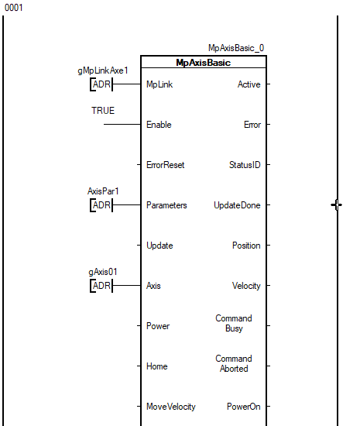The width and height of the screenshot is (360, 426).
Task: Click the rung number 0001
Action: [14, 8]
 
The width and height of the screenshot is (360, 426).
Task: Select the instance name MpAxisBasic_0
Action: [236, 48]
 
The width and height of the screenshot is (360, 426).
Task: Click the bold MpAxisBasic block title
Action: [204, 63]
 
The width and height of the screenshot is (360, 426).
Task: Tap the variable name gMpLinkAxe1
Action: [103, 70]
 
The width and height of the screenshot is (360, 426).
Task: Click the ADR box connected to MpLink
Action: [101, 84]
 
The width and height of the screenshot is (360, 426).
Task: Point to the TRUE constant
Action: [103, 111]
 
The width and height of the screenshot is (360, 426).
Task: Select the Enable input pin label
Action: [159, 125]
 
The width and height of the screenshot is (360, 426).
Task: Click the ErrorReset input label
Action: [166, 165]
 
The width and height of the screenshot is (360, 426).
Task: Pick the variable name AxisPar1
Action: [103, 191]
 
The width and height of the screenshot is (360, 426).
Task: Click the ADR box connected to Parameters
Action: [101, 205]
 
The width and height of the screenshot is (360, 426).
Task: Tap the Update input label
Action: [159, 246]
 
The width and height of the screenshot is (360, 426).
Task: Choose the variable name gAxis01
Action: [103, 272]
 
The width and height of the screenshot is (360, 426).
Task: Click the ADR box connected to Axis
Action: [101, 286]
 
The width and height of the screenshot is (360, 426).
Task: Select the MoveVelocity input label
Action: [171, 407]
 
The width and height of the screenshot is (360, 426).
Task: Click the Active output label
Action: [249, 84]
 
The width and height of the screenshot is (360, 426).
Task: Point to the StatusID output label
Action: [245, 165]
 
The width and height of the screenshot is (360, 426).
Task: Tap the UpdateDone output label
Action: [237, 205]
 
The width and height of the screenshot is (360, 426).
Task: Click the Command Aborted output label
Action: [234, 363]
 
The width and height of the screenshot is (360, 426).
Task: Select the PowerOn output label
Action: [244, 407]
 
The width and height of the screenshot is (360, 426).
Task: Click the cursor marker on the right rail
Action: [337, 204]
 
